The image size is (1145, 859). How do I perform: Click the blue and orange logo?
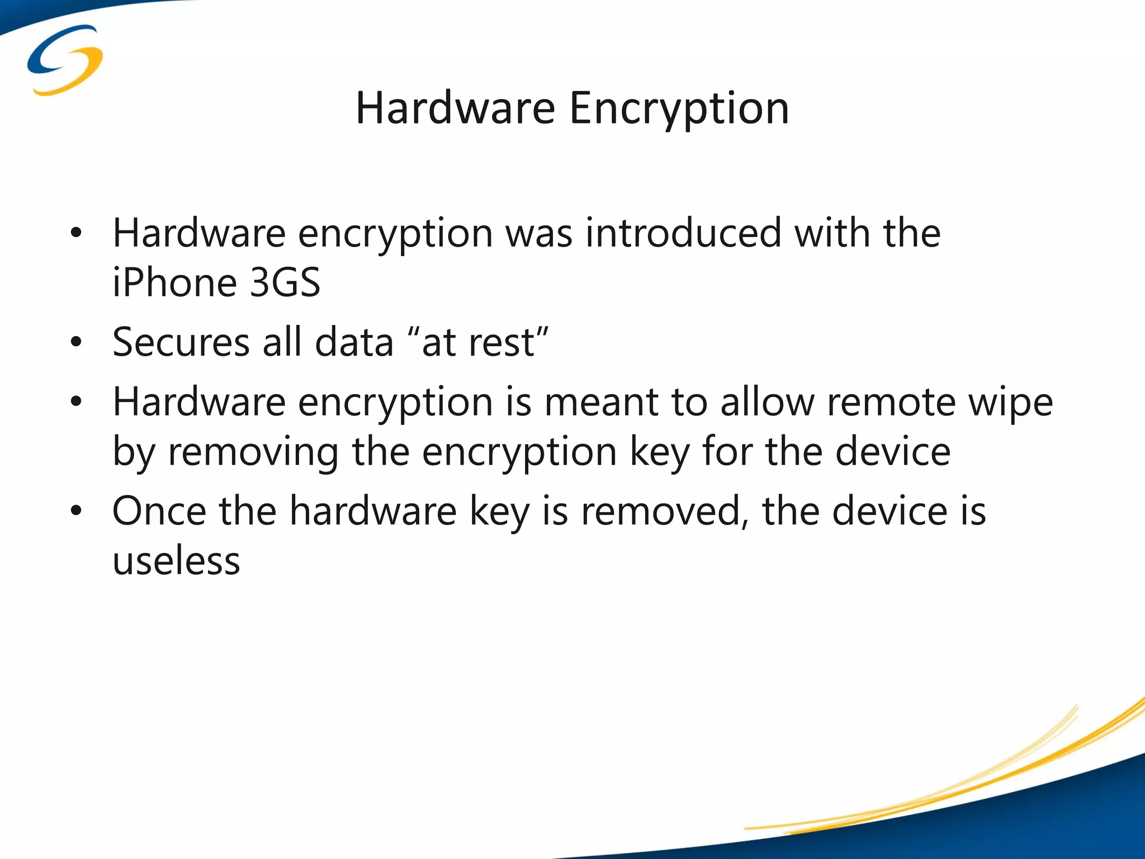point(65,60)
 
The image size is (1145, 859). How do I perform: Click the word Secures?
point(181,342)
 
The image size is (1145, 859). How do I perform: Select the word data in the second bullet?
point(354,342)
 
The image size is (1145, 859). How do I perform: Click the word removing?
point(253,452)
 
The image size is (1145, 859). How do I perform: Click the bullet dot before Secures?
point(77,342)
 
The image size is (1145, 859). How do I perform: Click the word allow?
point(767,402)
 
